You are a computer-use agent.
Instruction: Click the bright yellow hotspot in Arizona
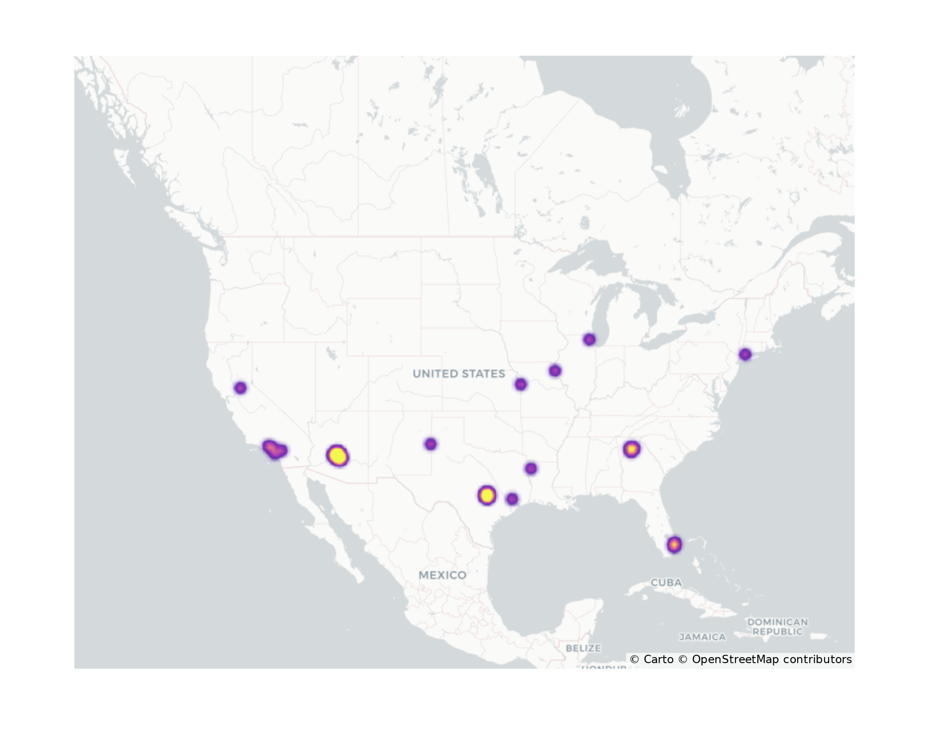(x=338, y=456)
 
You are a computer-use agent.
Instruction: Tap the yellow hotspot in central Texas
(x=486, y=495)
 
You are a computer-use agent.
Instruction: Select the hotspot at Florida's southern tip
(x=674, y=545)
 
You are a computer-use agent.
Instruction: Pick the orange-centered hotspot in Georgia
(x=631, y=449)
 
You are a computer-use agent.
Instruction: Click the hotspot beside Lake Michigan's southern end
(x=589, y=339)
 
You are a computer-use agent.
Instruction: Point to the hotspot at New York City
(x=745, y=355)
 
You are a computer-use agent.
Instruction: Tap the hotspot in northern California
(x=240, y=388)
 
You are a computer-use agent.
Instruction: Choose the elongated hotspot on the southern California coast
(x=275, y=450)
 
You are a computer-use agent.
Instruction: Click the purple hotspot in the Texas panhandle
(x=431, y=444)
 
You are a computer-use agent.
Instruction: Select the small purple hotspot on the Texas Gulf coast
(x=512, y=499)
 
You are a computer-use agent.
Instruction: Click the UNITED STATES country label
(x=458, y=374)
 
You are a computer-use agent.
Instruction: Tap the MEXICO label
(x=442, y=575)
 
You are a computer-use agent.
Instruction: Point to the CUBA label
(x=666, y=582)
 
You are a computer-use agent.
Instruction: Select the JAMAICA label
(x=702, y=637)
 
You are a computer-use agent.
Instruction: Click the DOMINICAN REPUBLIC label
(x=777, y=626)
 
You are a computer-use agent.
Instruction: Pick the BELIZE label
(x=583, y=648)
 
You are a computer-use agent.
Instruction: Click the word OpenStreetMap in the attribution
(x=735, y=659)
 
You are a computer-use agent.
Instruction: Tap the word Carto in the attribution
(x=658, y=659)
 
